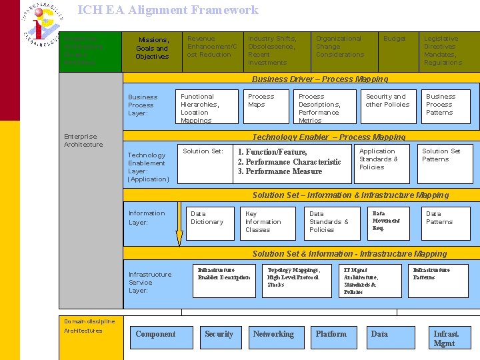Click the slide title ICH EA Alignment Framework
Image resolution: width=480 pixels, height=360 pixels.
(x=167, y=10)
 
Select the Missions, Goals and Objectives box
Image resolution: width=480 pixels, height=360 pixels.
(x=152, y=49)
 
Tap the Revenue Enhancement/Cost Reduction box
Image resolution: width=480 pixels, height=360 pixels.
(x=213, y=49)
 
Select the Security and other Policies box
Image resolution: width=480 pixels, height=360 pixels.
(x=387, y=107)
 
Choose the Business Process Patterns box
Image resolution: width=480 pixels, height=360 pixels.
(x=445, y=107)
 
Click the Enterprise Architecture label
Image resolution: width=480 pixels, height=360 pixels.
(x=83, y=141)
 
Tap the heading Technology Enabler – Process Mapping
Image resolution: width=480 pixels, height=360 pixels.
(x=329, y=137)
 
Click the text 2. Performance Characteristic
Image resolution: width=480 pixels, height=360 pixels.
(x=289, y=162)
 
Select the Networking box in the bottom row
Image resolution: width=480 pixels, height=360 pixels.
(x=273, y=334)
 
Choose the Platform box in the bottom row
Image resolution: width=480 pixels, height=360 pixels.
(x=331, y=334)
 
